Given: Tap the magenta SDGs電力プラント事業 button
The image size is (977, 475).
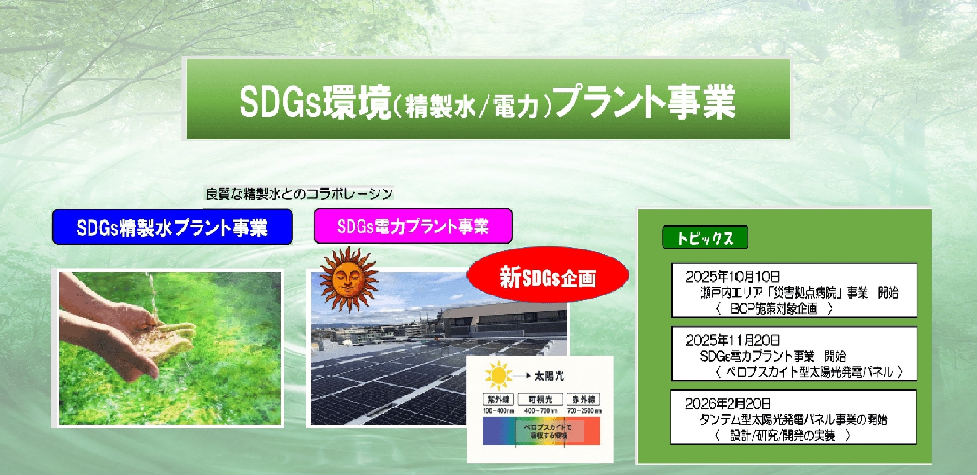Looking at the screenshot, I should tap(413, 226).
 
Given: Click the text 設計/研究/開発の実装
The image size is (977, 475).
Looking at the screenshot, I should tap(782, 436).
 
